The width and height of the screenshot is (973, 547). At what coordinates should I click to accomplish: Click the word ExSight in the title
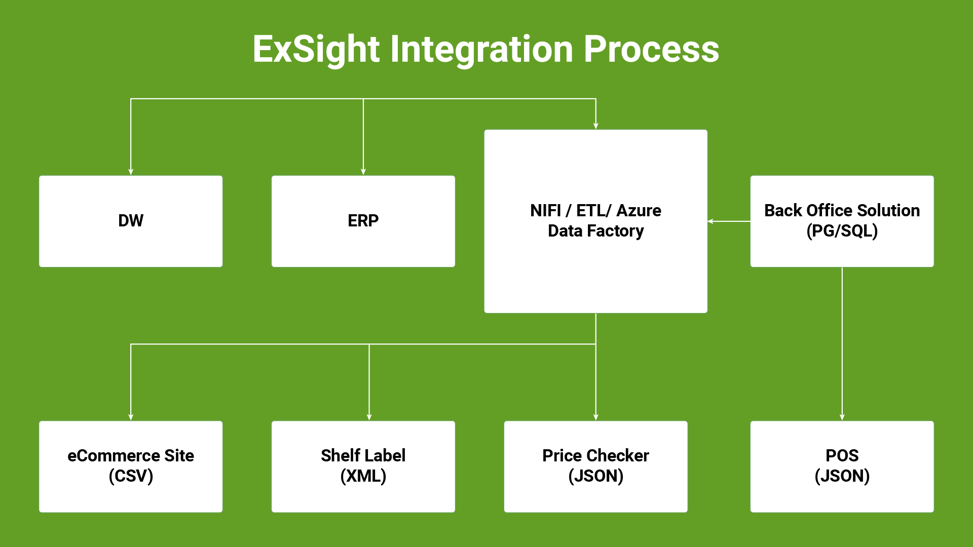(x=316, y=50)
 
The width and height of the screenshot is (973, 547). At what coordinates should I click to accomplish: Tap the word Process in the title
(x=651, y=49)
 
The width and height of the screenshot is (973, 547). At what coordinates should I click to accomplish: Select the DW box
(x=131, y=221)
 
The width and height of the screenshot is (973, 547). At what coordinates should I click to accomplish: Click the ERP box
(x=363, y=221)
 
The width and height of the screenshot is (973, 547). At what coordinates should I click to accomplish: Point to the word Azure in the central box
(x=639, y=210)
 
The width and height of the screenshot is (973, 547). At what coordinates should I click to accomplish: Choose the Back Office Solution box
(x=842, y=221)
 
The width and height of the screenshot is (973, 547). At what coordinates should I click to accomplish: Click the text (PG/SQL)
(x=842, y=231)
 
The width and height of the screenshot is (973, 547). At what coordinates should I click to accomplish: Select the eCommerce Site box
(x=131, y=466)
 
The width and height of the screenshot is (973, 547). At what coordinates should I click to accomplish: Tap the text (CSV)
(x=131, y=476)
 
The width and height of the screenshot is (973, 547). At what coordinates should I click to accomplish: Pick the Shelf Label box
(x=363, y=466)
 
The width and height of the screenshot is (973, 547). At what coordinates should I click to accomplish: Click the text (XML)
(x=363, y=476)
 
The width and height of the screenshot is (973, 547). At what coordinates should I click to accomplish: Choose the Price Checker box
(x=596, y=466)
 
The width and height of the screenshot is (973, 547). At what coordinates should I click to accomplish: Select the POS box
(x=842, y=466)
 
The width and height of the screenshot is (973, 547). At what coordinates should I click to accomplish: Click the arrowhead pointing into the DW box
(x=131, y=172)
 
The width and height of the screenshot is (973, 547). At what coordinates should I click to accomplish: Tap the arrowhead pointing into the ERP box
(x=363, y=172)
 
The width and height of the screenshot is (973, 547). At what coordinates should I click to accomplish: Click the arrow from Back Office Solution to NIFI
(x=729, y=221)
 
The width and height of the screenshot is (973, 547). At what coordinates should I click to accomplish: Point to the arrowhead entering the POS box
(x=842, y=417)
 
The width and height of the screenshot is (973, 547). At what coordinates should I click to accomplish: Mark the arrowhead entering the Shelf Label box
(x=369, y=417)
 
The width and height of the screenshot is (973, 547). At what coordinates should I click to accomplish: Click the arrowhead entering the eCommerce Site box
(x=131, y=417)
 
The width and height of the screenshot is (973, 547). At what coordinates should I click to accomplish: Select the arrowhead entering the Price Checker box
(x=596, y=417)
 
